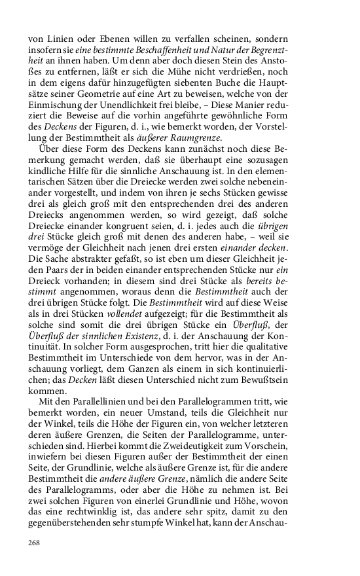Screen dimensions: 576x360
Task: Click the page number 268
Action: (34, 542)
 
